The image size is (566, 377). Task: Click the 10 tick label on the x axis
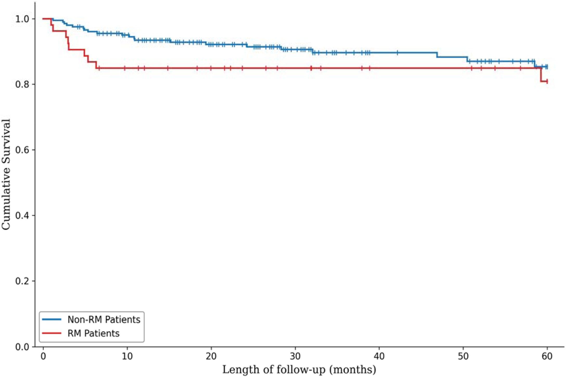[127, 356]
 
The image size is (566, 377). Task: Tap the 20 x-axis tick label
[211, 356]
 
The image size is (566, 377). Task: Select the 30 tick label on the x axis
[295, 356]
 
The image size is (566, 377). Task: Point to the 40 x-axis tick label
[379, 356]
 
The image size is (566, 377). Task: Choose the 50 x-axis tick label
[463, 356]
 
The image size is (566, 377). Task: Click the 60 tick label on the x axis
[547, 356]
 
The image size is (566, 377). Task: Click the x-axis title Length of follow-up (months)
[299, 369]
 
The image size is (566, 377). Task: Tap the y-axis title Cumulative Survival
[6, 174]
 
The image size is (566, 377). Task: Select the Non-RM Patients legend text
[104, 319]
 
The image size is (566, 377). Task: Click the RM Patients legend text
[93, 333]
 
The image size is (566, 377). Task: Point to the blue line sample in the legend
[52, 319]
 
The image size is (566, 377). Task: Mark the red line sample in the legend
[52, 333]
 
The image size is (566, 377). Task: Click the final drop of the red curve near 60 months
[541, 75]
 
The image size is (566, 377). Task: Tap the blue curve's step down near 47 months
[437, 55]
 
